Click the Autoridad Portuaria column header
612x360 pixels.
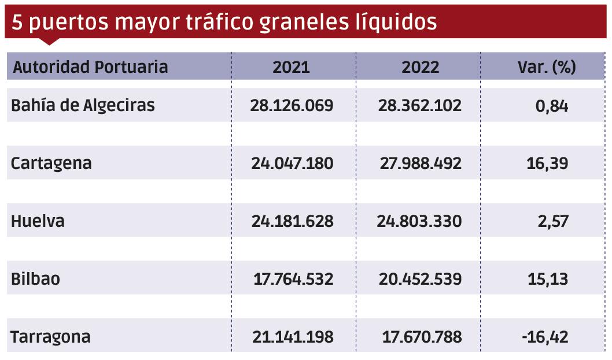point(90,67)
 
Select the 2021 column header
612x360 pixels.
point(292,67)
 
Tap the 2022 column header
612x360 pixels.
point(420,67)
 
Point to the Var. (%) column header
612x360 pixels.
point(546,67)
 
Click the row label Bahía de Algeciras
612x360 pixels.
point(83,106)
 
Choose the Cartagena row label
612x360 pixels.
point(51,163)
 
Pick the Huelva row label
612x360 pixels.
point(38,221)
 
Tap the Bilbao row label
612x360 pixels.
point(35,279)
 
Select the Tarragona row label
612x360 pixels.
point(50,337)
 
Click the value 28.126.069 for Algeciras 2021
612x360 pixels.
point(292,106)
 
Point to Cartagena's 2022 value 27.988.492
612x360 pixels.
point(420,163)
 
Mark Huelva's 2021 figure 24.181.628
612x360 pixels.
point(292,221)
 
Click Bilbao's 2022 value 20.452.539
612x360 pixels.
point(420,279)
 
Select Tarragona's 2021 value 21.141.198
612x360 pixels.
point(293,337)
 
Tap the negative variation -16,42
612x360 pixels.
point(544,337)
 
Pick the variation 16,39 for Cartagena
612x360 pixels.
point(548,163)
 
